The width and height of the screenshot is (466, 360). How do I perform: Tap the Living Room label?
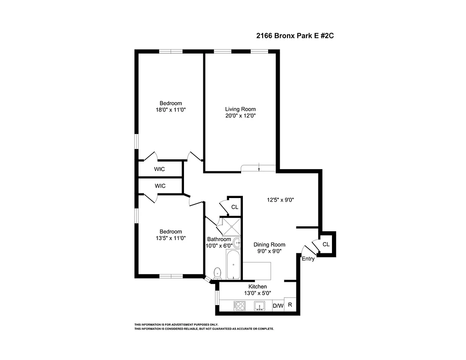click(240, 109)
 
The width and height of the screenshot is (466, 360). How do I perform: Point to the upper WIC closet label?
click(160, 169)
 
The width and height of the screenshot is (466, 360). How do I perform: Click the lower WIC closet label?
click(160, 185)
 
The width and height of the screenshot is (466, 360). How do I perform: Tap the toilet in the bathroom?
click(217, 272)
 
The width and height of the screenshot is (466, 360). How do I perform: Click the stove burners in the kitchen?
click(240, 306)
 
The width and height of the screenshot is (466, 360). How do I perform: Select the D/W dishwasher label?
click(278, 306)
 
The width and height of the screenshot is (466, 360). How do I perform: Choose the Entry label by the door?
click(308, 259)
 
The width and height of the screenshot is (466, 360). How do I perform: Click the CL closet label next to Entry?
click(326, 244)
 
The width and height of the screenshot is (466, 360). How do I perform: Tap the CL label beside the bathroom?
click(234, 207)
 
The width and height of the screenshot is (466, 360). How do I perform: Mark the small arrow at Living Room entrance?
click(260, 168)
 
